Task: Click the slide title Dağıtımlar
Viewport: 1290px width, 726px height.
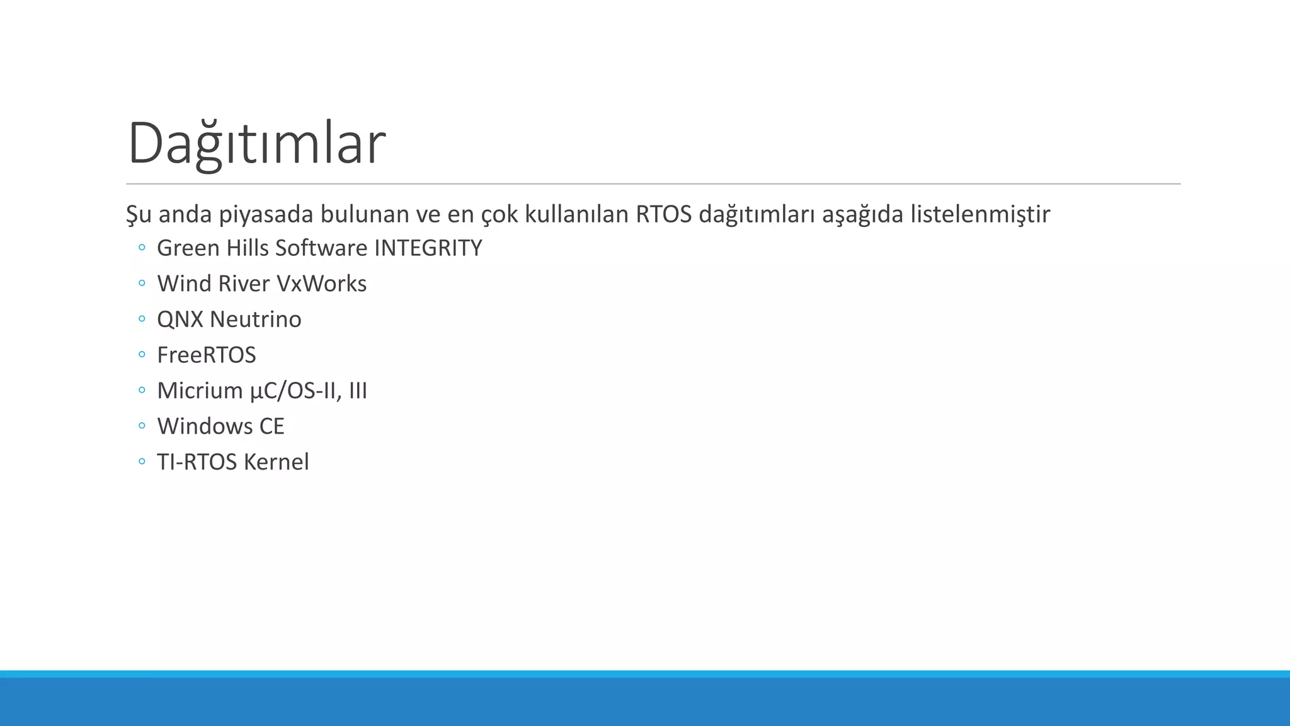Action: [x=256, y=144]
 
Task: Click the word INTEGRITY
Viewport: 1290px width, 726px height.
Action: [x=428, y=248]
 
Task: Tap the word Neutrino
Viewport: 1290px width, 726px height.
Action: [x=256, y=320]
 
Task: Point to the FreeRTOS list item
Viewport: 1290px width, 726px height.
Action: [x=207, y=355]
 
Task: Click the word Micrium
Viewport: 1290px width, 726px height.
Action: [x=200, y=391]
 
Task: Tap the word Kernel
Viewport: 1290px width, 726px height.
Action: [x=277, y=462]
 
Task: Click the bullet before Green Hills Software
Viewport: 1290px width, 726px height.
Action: [x=142, y=248]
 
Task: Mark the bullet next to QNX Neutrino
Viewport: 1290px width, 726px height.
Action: [x=142, y=319]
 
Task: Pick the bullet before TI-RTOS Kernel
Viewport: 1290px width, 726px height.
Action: [x=142, y=461]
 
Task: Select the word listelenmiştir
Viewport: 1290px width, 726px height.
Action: [x=980, y=214]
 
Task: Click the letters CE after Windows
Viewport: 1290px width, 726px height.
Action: [x=271, y=427]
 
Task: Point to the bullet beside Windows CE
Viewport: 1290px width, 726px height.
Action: [x=142, y=426]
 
